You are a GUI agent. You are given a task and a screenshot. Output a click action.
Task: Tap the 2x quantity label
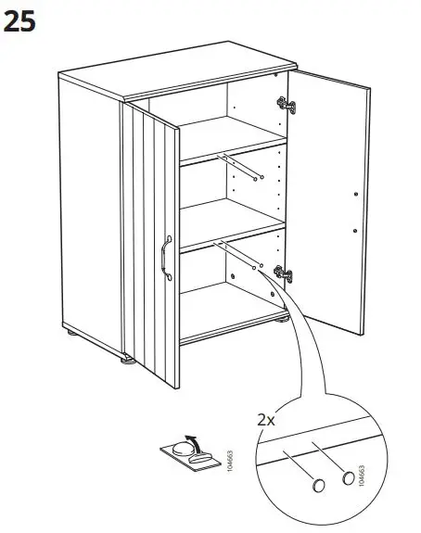(x=266, y=418)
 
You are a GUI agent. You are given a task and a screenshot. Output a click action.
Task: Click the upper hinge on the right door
(x=288, y=106)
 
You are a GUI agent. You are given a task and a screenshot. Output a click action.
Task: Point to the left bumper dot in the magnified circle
(x=317, y=486)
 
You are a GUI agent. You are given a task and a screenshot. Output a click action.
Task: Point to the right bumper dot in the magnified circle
(x=349, y=478)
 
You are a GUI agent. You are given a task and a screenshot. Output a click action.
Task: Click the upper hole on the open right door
(x=355, y=194)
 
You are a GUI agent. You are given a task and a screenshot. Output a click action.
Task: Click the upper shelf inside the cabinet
(x=232, y=149)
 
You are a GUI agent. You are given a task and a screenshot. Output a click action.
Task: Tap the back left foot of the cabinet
(x=71, y=333)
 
